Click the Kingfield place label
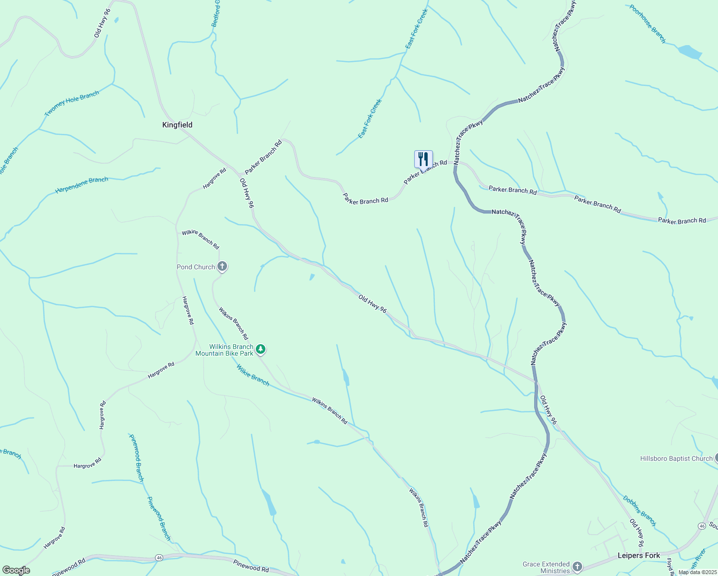tap(177, 125)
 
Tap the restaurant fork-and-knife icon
tap(423, 158)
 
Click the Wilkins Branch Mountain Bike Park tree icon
tap(260, 349)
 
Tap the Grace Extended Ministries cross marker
tap(577, 567)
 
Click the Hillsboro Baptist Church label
tap(676, 458)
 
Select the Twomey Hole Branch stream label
tap(72, 103)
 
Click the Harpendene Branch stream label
tap(82, 185)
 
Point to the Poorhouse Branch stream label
tap(647, 24)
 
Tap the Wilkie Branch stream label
tap(252, 375)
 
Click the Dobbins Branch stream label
tap(639, 511)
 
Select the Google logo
tap(16, 570)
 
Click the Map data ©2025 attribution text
tap(697, 572)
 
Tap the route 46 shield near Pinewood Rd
tap(159, 557)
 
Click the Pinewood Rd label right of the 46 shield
tap(251, 565)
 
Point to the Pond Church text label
tap(196, 267)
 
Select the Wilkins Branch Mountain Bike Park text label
tap(225, 350)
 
